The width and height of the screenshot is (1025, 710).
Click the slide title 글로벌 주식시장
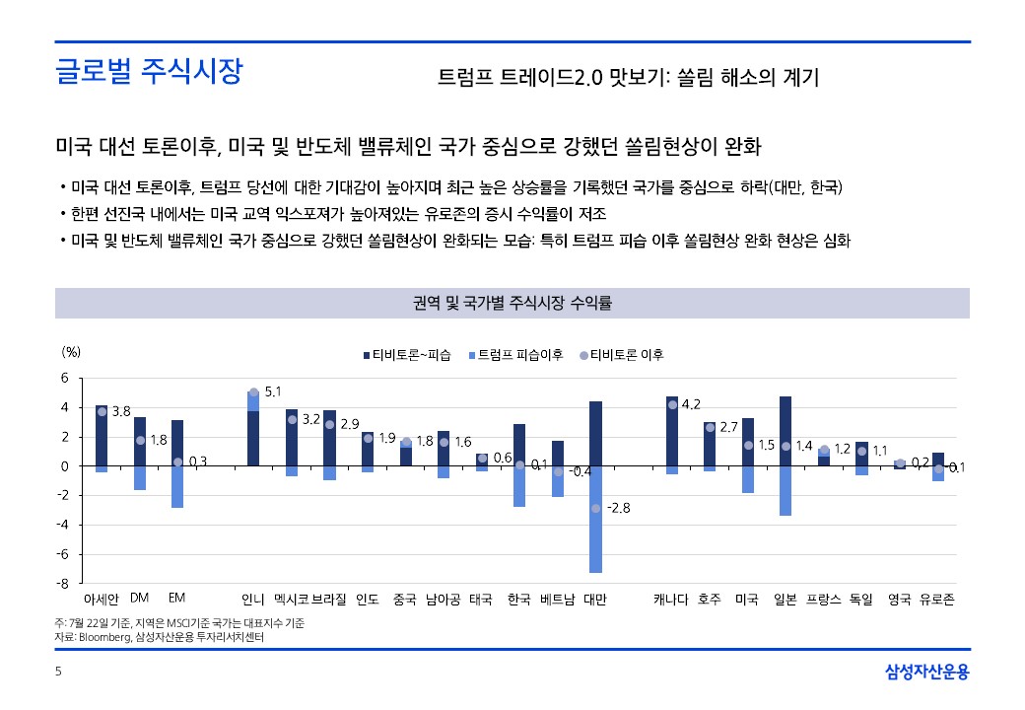pos(149,72)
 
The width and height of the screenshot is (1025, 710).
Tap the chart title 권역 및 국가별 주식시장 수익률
pos(512,304)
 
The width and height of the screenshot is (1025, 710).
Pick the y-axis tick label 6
pos(65,378)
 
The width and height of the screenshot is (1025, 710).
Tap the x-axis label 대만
pos(595,599)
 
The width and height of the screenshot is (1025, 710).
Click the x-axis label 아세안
pos(102,599)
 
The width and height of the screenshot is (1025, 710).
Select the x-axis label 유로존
pos(936,599)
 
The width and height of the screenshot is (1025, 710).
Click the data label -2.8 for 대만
pos(618,508)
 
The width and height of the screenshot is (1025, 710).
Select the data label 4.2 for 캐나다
pos(691,404)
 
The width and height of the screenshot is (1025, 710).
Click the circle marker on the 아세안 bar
pos(102,411)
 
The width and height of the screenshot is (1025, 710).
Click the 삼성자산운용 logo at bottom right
pos(926,673)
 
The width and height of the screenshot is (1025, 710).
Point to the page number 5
pos(58,673)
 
